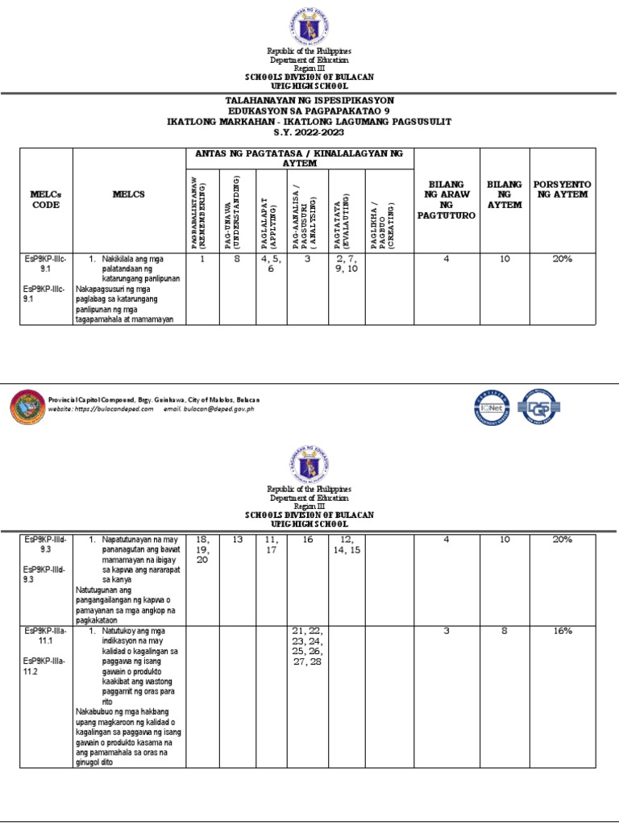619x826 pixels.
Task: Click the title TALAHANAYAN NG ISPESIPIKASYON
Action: [309, 100]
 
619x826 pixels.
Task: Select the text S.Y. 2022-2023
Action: [309, 131]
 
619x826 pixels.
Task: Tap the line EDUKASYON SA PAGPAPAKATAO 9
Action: [309, 111]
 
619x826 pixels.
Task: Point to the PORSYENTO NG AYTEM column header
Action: [563, 190]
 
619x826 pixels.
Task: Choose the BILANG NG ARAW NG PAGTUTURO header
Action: [446, 200]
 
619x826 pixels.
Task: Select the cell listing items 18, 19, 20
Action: [202, 549]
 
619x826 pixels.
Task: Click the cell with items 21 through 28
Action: [307, 645]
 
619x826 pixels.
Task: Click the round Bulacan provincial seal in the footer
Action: [30, 406]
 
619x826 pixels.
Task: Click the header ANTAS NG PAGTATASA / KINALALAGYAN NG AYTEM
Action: [299, 158]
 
